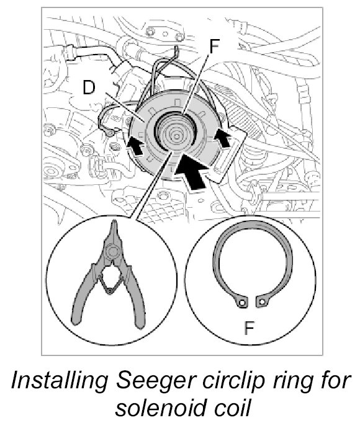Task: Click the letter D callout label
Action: (89, 88)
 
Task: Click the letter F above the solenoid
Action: (214, 47)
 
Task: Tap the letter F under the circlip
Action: (249, 328)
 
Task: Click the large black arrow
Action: (191, 171)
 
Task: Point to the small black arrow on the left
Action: (136, 146)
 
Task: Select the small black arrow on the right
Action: (223, 138)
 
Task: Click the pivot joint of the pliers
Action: (112, 251)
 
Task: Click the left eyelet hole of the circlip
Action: (241, 303)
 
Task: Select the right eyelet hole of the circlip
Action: (263, 302)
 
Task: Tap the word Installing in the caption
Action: (60, 381)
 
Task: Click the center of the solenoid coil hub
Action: (176, 135)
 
